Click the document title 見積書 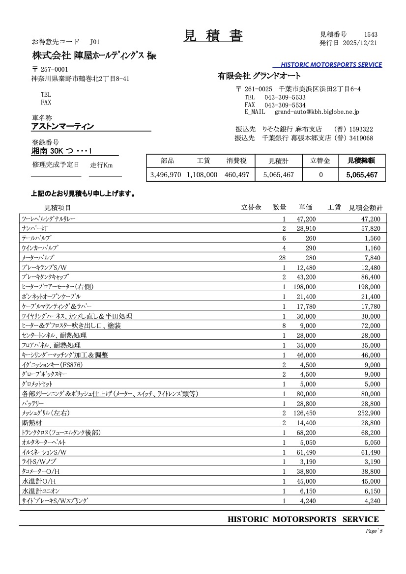tap(213, 36)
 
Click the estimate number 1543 tap(371, 34)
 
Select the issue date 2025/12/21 tap(360, 43)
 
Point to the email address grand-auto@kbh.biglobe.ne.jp tap(317, 112)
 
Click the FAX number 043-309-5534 tap(285, 105)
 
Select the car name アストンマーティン tap(62, 126)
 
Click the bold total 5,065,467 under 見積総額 tap(362, 174)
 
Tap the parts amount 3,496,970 tap(166, 174)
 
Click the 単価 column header tap(306, 208)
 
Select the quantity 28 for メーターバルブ tap(282, 258)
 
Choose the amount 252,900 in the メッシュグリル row tap(369, 413)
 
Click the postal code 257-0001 tap(54, 69)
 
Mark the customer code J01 tap(95, 42)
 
